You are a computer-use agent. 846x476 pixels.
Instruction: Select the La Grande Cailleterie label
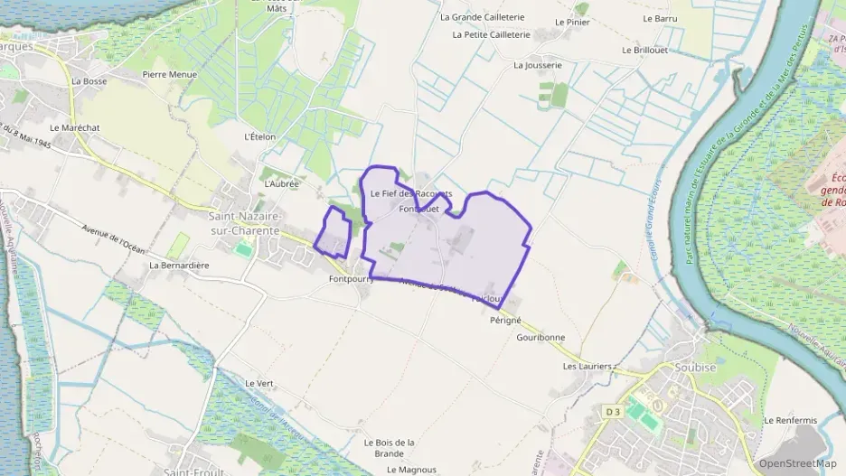[x=482, y=16]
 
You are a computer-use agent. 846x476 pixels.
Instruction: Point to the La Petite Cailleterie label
[x=490, y=34]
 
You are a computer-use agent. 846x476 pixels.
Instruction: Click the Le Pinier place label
[x=571, y=21]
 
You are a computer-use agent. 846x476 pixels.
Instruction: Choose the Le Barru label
[x=660, y=18]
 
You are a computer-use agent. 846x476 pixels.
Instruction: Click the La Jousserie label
[x=538, y=65]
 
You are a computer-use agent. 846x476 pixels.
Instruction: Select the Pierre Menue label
[x=169, y=74]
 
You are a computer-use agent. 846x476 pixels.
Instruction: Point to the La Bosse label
[x=89, y=80]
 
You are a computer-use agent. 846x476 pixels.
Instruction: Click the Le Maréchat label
[x=74, y=128]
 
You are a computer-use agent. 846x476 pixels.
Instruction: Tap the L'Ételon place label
[x=259, y=137]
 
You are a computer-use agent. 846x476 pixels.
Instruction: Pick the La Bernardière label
[x=179, y=266]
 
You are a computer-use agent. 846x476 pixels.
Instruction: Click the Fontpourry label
[x=352, y=280]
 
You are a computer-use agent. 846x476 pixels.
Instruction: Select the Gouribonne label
[x=540, y=338]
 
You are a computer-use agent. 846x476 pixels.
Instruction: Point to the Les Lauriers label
[x=587, y=367]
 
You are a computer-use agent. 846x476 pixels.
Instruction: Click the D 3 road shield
[x=612, y=412]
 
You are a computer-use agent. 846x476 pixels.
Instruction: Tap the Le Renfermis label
[x=790, y=420]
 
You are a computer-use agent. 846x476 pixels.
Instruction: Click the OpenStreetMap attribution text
[x=797, y=463]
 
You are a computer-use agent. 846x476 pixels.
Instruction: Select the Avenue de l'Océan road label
[x=113, y=238]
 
